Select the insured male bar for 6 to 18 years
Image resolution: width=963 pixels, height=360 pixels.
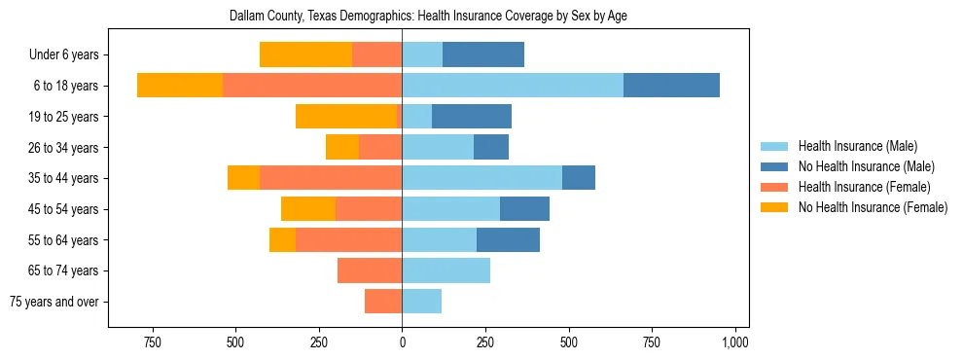513,86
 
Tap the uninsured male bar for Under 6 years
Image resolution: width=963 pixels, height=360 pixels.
483,54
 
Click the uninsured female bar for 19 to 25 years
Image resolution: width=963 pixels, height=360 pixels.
346,117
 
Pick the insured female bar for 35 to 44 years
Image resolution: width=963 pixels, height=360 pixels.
331,178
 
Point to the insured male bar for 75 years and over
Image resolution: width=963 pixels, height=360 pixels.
421,302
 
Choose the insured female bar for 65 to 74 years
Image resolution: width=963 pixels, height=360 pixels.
370,270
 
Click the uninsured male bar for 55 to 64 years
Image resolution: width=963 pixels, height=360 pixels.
508,239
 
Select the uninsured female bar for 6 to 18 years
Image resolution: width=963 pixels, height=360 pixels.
180,86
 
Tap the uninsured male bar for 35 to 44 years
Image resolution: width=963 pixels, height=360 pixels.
579,178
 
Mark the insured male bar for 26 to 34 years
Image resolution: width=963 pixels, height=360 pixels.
438,147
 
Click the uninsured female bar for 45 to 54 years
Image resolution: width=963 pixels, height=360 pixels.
308,209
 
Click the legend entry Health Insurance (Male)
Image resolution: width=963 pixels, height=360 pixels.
857,146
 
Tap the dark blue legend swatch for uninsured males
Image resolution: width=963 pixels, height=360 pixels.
775,166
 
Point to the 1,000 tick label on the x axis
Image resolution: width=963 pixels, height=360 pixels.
735,342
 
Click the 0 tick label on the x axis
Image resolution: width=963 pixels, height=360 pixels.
402,342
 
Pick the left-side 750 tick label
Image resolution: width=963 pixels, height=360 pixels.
152,342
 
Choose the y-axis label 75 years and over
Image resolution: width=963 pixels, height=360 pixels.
54,302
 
